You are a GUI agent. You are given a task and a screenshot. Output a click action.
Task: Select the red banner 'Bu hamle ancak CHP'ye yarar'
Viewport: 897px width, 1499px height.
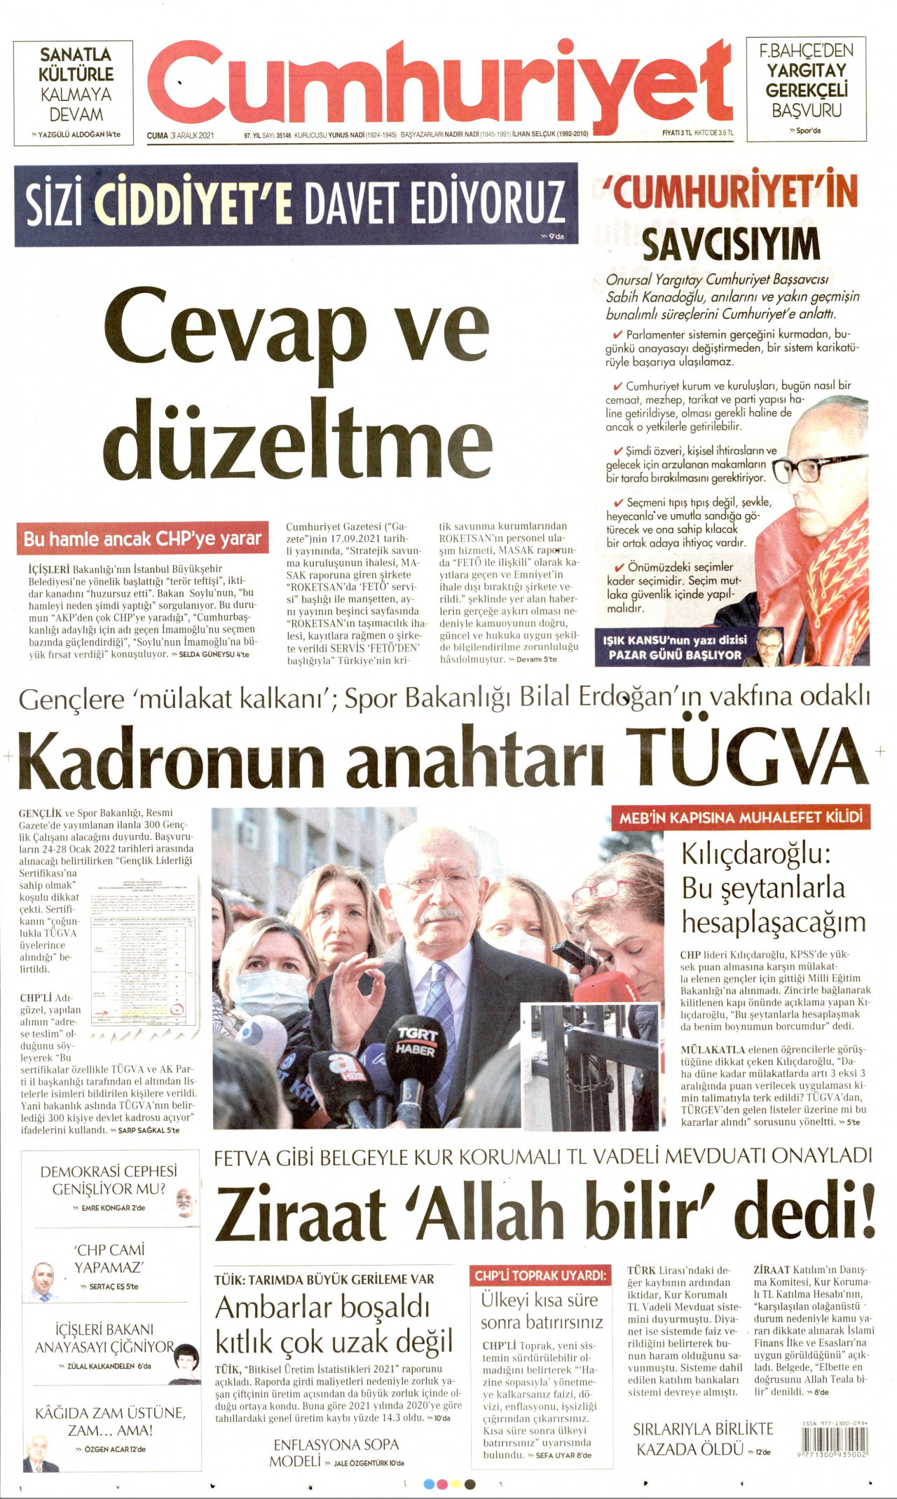(142, 539)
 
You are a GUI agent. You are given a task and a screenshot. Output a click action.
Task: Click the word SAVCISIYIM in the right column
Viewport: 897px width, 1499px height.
(731, 243)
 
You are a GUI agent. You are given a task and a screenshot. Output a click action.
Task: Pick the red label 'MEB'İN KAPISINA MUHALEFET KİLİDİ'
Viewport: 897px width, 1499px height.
(741, 818)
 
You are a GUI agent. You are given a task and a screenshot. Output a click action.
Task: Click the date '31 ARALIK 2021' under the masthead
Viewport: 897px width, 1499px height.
(191, 135)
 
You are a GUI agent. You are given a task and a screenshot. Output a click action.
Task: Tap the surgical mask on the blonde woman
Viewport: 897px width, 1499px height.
(270, 996)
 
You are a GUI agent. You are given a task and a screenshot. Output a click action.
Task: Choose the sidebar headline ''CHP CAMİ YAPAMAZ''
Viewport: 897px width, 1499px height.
(109, 1259)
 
